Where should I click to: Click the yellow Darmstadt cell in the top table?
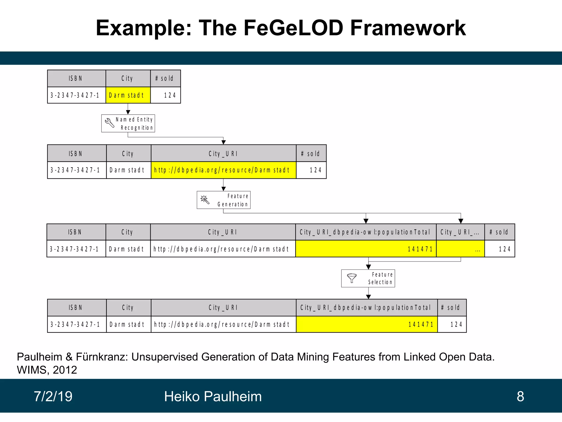[x=128, y=95]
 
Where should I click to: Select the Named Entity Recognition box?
[x=128, y=123]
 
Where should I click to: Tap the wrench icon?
[x=109, y=123]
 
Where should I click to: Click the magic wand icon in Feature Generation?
[x=205, y=200]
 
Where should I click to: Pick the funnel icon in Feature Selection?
[x=352, y=278]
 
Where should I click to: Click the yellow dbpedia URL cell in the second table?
[x=223, y=170]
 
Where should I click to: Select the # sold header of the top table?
[x=165, y=78]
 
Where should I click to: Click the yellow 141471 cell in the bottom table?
[x=367, y=324]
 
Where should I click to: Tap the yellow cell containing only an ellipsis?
[x=460, y=249]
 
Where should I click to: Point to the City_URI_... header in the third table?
[x=460, y=232]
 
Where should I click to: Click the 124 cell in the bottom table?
[x=452, y=324]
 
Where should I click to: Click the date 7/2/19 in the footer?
[x=53, y=396]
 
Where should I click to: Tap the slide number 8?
[x=520, y=396]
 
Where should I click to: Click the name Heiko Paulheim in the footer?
[x=213, y=396]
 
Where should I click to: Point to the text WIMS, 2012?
[x=47, y=370]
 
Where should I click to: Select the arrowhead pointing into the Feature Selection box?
[x=368, y=267]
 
